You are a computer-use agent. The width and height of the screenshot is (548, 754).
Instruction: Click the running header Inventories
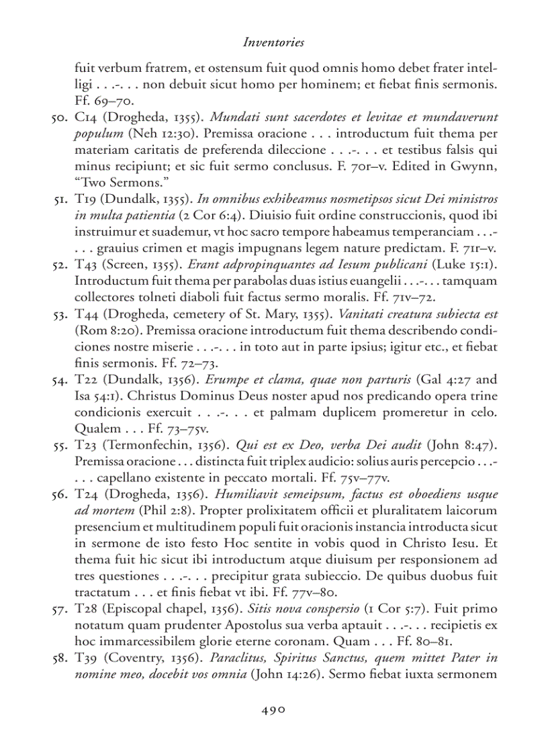[x=273, y=42]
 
